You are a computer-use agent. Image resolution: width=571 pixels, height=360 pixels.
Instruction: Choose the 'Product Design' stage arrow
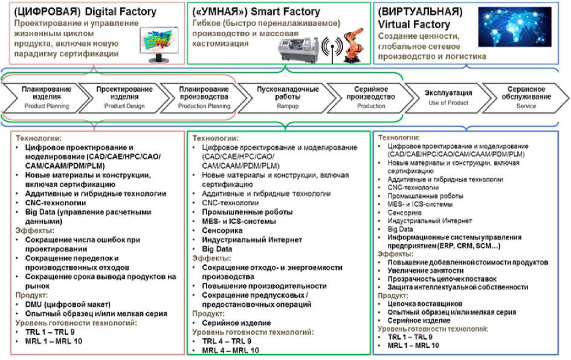(x=124, y=97)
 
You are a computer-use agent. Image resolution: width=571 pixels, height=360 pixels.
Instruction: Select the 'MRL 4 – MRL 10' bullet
(x=230, y=350)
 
